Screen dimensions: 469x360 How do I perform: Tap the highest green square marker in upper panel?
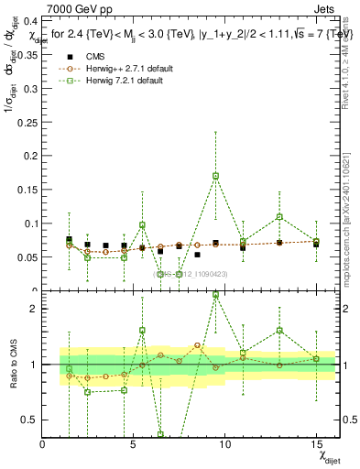[x=215, y=176]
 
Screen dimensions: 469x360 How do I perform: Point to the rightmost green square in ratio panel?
[x=316, y=359]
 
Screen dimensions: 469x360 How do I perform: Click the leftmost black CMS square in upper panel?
[x=70, y=240]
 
